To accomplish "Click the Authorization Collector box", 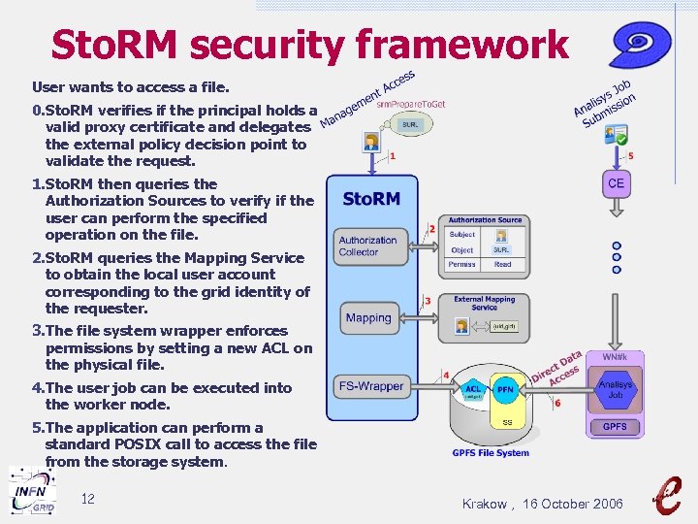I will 367,246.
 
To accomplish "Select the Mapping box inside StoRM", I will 368,317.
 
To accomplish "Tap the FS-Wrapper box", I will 370,385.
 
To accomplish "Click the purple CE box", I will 616,183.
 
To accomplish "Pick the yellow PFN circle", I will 505,390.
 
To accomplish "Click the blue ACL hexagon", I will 473,390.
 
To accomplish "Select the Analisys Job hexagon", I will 615,389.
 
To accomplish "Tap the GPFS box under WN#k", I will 615,426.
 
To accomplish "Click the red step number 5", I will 631,155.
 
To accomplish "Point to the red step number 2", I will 431,229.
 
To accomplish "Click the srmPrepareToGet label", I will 411,104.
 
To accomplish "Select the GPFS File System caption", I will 491,452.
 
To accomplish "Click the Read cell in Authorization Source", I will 502,264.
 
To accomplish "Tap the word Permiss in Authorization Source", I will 462,264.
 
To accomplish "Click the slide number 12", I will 87,499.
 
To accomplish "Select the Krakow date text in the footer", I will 543,504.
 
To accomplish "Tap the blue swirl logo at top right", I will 640,45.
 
